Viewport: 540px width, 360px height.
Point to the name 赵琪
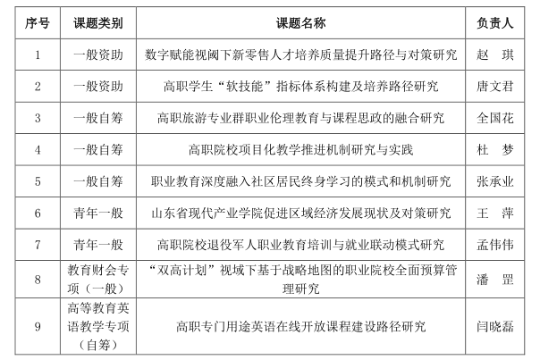[x=494, y=54]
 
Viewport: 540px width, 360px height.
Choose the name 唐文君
[x=494, y=86]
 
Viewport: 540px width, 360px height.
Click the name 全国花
[x=494, y=117]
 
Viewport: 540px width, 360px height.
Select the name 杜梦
[x=494, y=148]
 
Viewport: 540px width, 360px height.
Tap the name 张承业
[x=494, y=180]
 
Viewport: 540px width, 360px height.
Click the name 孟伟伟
[x=494, y=244]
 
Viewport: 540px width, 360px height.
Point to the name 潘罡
[x=494, y=280]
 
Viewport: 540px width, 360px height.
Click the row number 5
[x=38, y=180]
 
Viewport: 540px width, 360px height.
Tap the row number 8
[x=38, y=280]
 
